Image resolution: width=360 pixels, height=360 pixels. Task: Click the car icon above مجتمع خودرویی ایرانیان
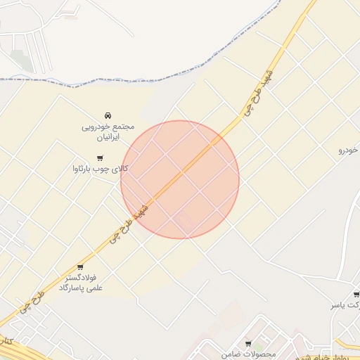click(107, 115)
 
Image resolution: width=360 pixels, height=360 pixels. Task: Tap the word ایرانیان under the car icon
click(108, 139)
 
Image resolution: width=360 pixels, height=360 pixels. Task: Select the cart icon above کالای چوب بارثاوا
click(99, 158)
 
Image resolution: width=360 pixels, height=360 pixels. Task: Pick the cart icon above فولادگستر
click(80, 267)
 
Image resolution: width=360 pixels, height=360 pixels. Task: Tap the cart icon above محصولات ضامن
click(247, 343)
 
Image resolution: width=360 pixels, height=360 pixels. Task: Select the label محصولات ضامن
click(247, 353)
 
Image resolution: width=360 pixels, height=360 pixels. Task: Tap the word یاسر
click(340, 306)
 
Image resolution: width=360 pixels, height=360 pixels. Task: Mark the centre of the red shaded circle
click(180, 179)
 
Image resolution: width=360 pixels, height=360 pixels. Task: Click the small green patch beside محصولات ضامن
click(259, 346)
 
